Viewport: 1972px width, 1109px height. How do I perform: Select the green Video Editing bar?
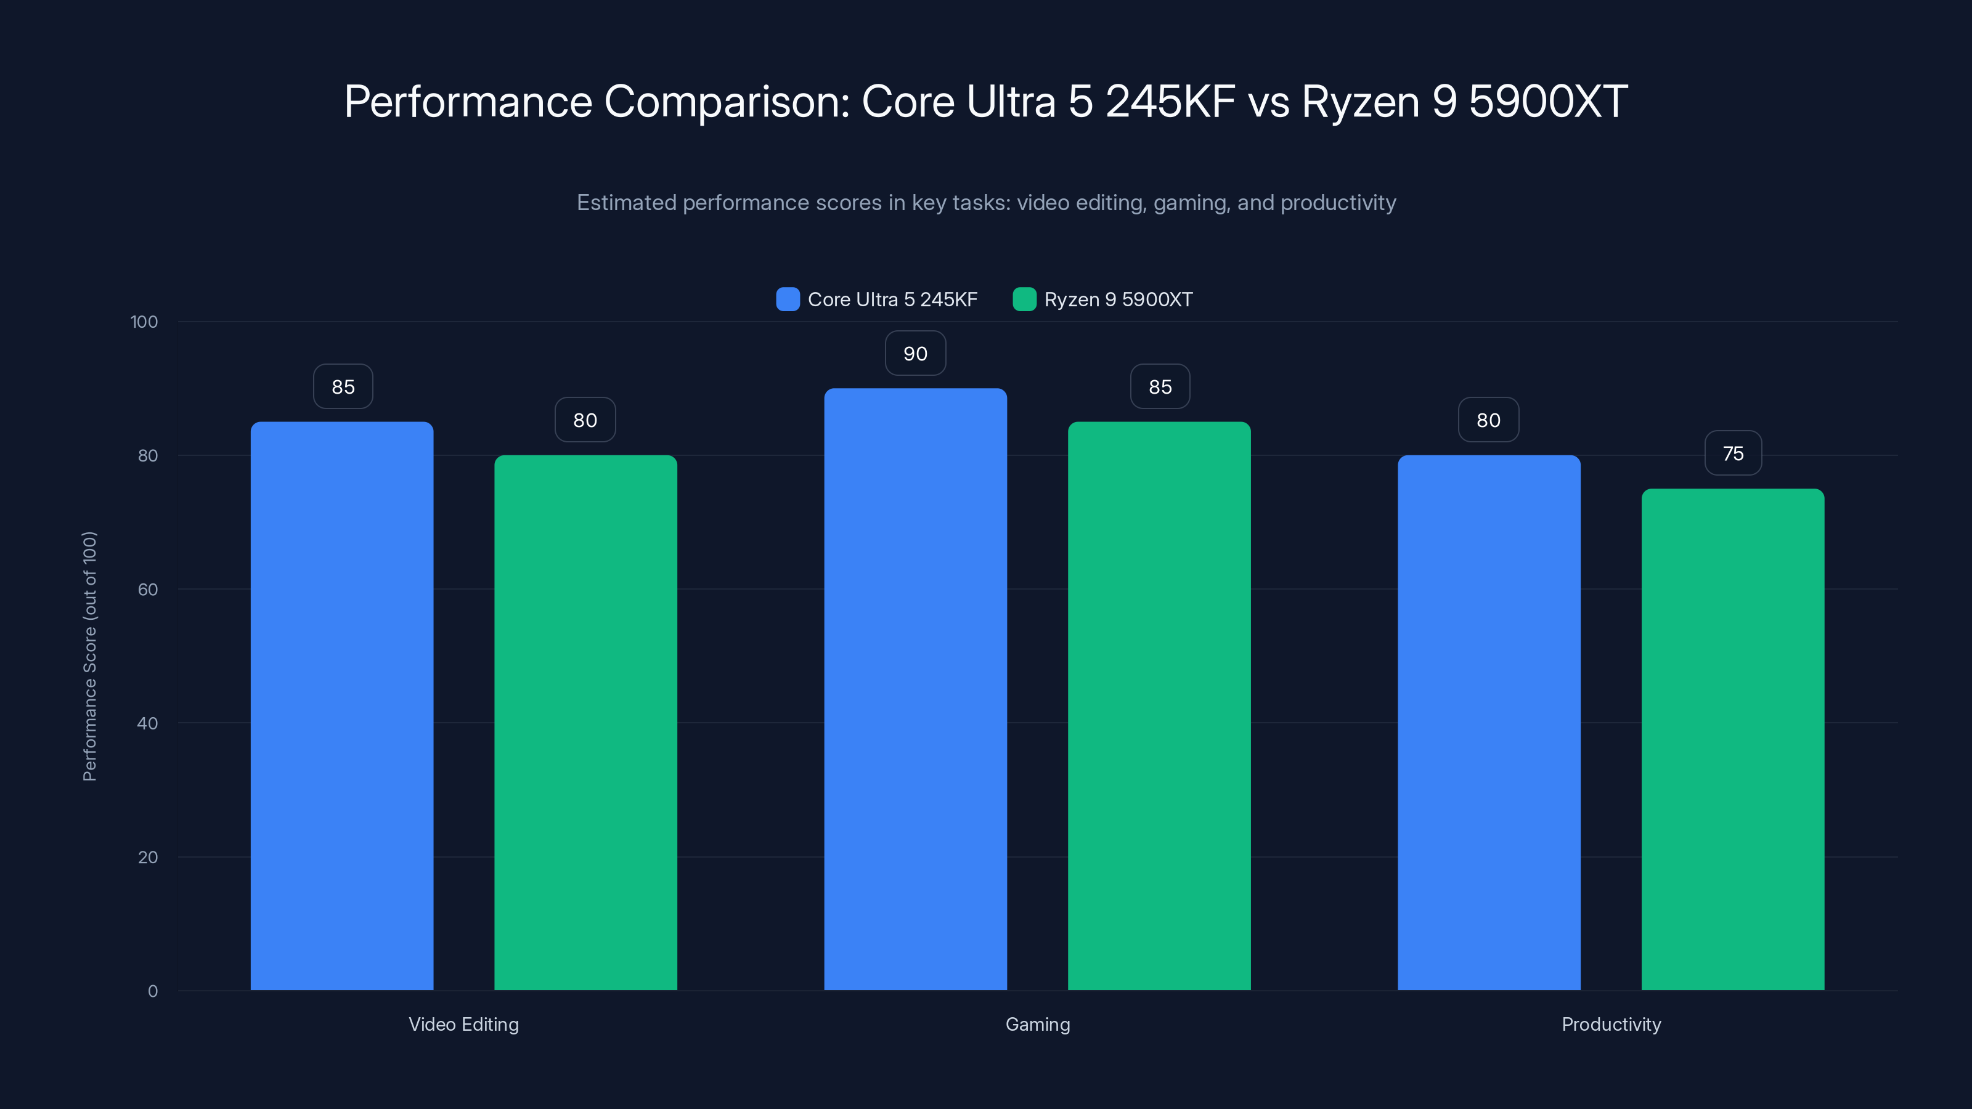click(x=585, y=723)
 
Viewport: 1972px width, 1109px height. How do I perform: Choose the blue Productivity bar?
click(x=1488, y=723)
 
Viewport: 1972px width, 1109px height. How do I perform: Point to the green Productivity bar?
click(x=1732, y=739)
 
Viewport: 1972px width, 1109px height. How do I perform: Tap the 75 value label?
click(x=1732, y=453)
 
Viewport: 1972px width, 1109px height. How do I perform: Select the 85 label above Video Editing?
click(x=343, y=386)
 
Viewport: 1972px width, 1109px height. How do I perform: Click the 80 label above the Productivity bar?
click(x=1488, y=420)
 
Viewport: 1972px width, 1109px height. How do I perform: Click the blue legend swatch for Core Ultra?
click(x=787, y=299)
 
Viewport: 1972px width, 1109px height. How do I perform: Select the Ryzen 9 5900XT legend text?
click(x=1118, y=299)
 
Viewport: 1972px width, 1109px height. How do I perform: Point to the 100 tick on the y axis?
click(x=144, y=322)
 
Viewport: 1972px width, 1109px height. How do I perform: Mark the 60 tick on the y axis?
click(x=148, y=590)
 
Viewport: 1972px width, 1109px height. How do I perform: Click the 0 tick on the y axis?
click(x=152, y=991)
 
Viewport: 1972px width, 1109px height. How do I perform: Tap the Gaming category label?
click(x=1037, y=1024)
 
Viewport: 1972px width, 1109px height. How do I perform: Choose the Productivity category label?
click(x=1611, y=1024)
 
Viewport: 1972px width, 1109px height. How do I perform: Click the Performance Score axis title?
click(x=89, y=656)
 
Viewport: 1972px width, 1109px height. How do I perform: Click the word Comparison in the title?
click(x=727, y=102)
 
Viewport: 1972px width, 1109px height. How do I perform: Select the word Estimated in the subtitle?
click(x=625, y=203)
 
